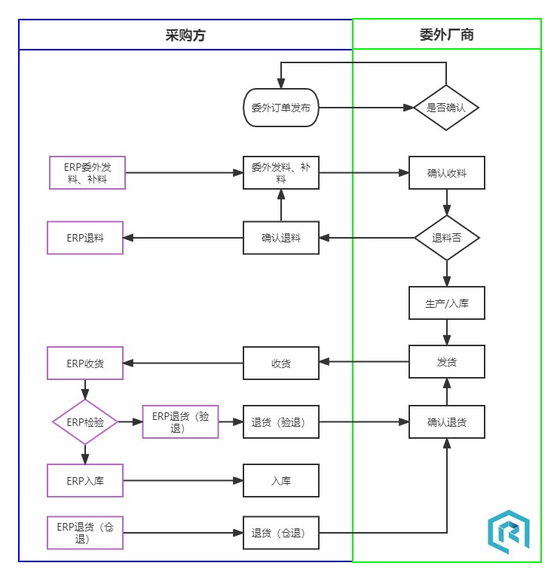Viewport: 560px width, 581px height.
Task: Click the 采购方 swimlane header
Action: (x=185, y=35)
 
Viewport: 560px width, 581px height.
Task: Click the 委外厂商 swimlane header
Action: (x=446, y=35)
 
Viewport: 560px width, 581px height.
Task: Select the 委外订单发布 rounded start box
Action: (x=281, y=108)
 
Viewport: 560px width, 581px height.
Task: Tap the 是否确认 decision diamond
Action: (x=446, y=108)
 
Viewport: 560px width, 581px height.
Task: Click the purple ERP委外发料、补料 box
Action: (x=87, y=173)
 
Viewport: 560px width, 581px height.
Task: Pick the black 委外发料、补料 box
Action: (x=281, y=173)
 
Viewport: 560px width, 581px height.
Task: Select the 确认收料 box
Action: (x=446, y=173)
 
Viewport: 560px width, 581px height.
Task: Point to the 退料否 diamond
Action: (x=446, y=238)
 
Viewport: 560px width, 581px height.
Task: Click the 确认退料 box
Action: (x=281, y=238)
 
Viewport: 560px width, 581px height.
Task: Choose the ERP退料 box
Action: (x=85, y=238)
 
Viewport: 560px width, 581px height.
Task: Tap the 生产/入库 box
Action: (x=446, y=303)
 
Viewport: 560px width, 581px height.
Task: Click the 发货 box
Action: (x=446, y=362)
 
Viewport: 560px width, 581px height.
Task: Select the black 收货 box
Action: (x=281, y=364)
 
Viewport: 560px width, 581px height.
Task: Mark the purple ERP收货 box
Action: (x=85, y=364)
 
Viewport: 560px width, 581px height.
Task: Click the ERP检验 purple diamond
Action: (x=85, y=422)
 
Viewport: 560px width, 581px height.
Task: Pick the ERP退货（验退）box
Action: (x=180, y=422)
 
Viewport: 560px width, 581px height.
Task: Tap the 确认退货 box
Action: (x=446, y=422)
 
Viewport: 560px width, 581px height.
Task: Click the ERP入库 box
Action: (x=85, y=481)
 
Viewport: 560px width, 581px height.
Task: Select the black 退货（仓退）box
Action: (x=281, y=533)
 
